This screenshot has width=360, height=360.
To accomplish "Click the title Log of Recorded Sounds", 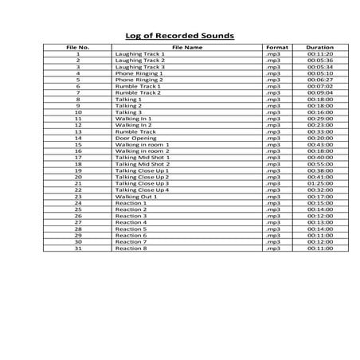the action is click(x=180, y=36).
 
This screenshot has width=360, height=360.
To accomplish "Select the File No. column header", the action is click(x=78, y=47).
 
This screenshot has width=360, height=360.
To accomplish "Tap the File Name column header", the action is click(x=187, y=47).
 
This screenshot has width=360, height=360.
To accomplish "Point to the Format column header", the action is click(x=276, y=47).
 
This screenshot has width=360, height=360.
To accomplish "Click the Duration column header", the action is click(x=319, y=47).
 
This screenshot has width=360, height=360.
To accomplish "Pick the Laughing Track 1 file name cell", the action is click(x=140, y=53).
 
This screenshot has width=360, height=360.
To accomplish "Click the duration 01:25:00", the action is click(x=319, y=183).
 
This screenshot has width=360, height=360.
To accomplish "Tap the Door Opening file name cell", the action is click(x=136, y=138).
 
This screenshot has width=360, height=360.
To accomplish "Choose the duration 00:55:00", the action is click(x=319, y=164).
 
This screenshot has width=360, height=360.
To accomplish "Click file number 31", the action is click(x=78, y=248).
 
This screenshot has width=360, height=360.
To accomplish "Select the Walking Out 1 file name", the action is click(x=136, y=197).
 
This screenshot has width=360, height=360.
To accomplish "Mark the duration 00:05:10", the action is click(x=319, y=73).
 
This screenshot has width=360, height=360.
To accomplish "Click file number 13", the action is click(x=78, y=131).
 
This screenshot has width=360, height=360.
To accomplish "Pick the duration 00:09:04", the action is click(x=319, y=92).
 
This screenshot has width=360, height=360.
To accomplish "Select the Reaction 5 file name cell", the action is click(x=131, y=229).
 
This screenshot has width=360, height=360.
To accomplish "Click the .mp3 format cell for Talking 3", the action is click(x=275, y=112).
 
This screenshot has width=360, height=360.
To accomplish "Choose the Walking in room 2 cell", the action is click(x=143, y=151).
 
